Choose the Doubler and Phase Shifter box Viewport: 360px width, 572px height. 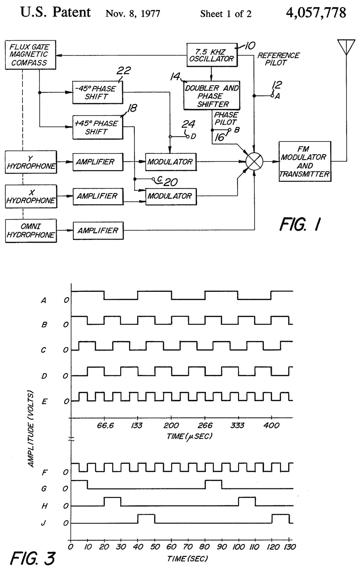[x=212, y=95]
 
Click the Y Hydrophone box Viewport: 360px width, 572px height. [x=31, y=162]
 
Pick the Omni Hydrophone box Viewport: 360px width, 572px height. [x=31, y=230]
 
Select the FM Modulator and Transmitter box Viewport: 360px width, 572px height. [x=305, y=161]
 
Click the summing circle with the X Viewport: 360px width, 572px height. [x=254, y=162]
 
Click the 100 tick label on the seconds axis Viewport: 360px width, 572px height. [x=238, y=546]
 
